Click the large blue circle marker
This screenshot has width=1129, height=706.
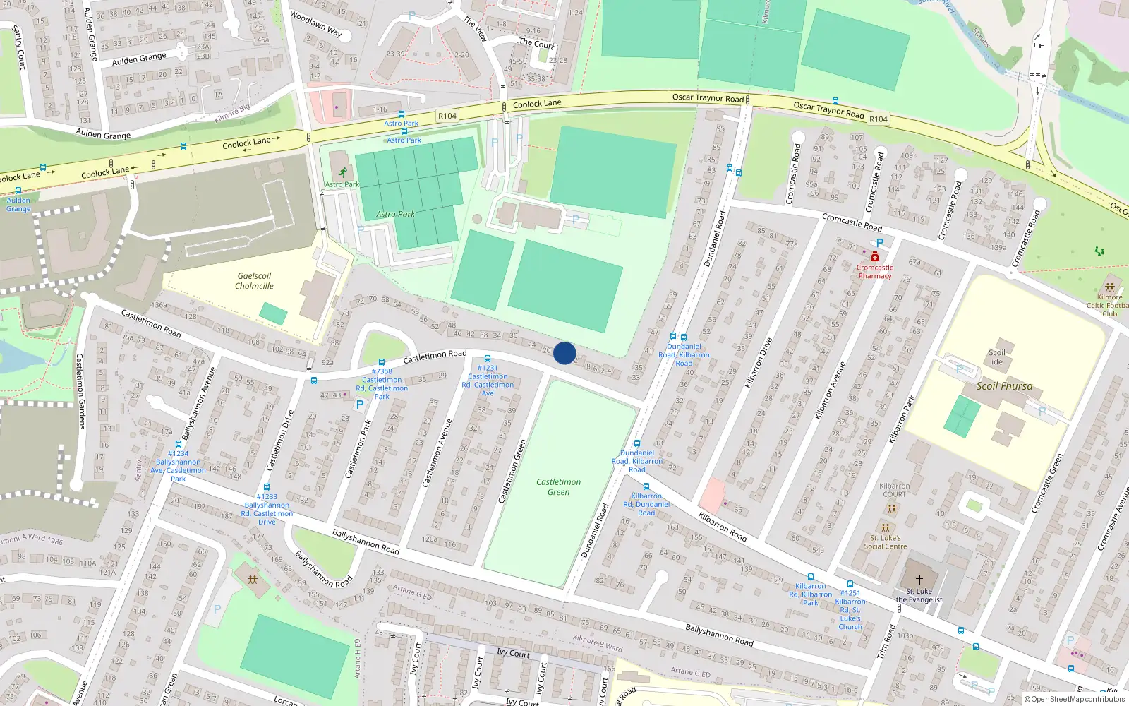[x=564, y=353]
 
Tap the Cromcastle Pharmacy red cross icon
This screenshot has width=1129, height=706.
[x=875, y=257]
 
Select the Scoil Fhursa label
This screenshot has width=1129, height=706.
[x=1004, y=386]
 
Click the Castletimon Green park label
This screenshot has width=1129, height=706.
[x=558, y=487]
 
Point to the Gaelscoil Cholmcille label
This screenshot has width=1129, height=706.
[x=255, y=281]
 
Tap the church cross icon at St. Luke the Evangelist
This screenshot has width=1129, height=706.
[x=919, y=580]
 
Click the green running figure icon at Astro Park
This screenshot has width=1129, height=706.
[x=342, y=172]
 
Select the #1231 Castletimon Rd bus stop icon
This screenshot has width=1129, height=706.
[x=488, y=359]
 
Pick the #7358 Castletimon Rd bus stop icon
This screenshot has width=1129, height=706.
[x=382, y=362]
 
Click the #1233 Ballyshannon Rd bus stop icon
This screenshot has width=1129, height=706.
[x=267, y=487]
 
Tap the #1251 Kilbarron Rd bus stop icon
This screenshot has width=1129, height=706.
[x=850, y=584]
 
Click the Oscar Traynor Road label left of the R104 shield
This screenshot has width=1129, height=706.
[x=708, y=98]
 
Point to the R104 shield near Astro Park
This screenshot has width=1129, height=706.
[x=447, y=116]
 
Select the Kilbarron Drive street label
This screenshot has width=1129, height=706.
[x=759, y=362]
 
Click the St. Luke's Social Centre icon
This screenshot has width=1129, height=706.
[x=886, y=527]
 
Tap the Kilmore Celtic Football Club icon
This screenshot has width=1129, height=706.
[x=1110, y=287]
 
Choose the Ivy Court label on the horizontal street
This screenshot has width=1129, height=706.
[x=513, y=653]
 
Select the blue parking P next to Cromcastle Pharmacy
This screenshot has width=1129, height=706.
[x=880, y=243]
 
